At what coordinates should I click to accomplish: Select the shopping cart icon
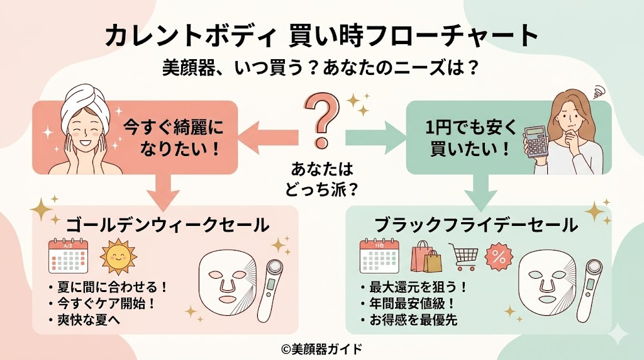[464, 256]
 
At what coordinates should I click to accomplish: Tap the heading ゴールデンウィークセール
[167, 224]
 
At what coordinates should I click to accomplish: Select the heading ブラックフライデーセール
[475, 224]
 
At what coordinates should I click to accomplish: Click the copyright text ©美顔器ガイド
[321, 347]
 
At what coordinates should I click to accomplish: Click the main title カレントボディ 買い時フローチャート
[321, 36]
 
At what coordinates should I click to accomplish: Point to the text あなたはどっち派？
[322, 178]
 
